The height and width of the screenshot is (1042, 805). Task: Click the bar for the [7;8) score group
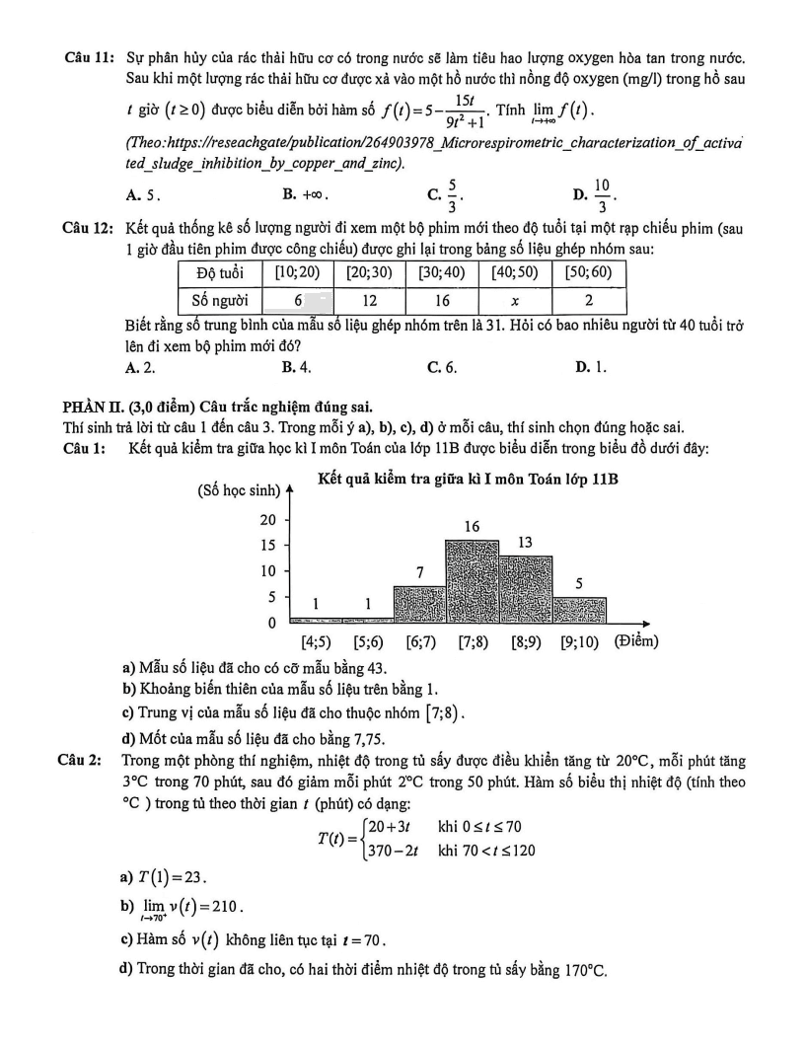click(x=472, y=582)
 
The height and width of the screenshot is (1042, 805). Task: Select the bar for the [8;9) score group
click(x=525, y=590)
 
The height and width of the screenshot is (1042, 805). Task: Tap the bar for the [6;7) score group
click(x=418, y=605)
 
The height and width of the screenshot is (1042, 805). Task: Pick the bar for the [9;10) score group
click(x=579, y=611)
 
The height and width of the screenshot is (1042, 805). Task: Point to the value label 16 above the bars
click(x=472, y=528)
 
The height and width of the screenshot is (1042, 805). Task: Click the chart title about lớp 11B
click(x=469, y=481)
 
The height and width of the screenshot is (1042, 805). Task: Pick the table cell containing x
click(x=515, y=299)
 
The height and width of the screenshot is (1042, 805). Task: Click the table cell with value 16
click(x=441, y=299)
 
